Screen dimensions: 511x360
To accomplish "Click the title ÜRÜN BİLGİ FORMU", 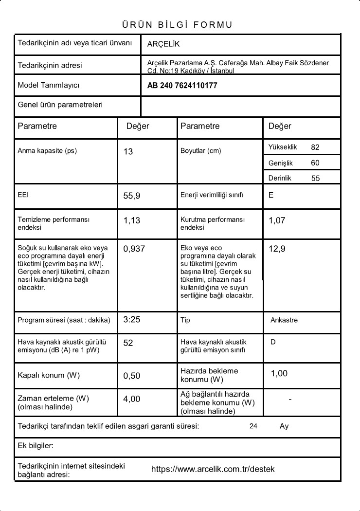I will click(177, 25).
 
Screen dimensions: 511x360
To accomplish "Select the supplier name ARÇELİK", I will click(163, 44).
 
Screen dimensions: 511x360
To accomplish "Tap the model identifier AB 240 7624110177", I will click(182, 86).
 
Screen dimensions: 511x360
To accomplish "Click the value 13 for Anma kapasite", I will click(128, 152).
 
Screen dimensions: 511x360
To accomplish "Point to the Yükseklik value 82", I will click(315, 147).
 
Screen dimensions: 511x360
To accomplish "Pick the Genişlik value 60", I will click(315, 163).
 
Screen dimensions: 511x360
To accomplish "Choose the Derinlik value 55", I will click(316, 178).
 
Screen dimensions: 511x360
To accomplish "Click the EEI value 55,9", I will click(132, 196).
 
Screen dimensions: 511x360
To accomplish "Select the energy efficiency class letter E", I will click(271, 195).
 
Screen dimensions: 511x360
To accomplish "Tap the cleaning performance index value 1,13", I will click(132, 220).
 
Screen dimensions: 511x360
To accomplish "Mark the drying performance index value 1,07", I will click(277, 220).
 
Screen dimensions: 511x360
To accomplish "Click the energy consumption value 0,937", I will click(134, 249).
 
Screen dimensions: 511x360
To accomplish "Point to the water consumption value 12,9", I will click(277, 249).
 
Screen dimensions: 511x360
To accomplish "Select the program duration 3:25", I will click(132, 320).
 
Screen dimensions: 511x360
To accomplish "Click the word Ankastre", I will click(284, 320).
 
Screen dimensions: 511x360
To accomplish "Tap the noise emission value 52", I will click(128, 343).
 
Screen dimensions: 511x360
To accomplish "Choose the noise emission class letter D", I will click(273, 342).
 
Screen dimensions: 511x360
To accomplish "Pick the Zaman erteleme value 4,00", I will click(132, 399).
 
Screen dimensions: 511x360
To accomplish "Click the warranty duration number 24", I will click(253, 426).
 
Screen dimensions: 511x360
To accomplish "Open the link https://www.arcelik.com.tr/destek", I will click(213, 469).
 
